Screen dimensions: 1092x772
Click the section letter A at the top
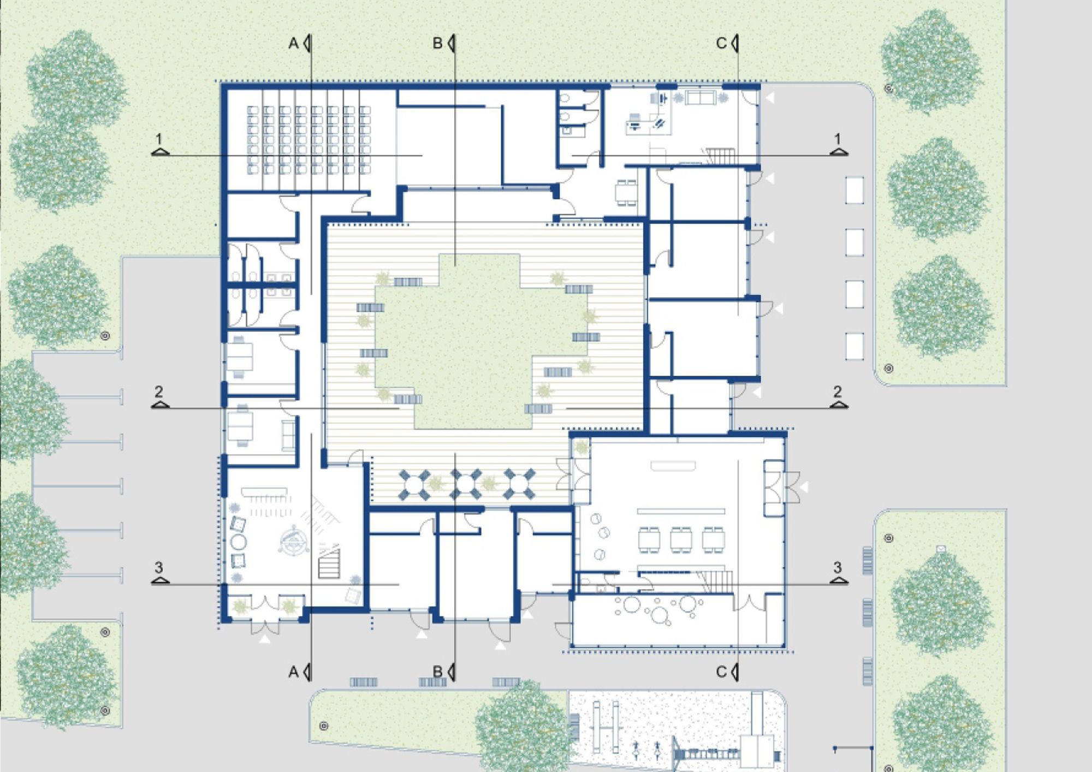pos(294,43)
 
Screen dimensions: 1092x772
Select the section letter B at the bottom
pos(437,672)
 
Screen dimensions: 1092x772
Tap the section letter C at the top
pos(721,43)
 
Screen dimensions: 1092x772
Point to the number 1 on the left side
pos(159,139)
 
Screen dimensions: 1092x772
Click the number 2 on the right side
pos(838,391)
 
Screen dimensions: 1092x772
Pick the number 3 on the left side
pos(159,567)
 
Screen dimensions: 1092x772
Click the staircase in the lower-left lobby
pos(329,562)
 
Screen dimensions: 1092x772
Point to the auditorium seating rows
pos(309,140)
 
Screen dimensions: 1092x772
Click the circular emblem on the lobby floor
pos(295,540)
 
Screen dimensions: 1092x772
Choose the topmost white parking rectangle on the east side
pos(854,190)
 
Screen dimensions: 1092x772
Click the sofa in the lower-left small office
pos(288,435)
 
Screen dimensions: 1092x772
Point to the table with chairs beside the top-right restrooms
pos(626,192)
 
